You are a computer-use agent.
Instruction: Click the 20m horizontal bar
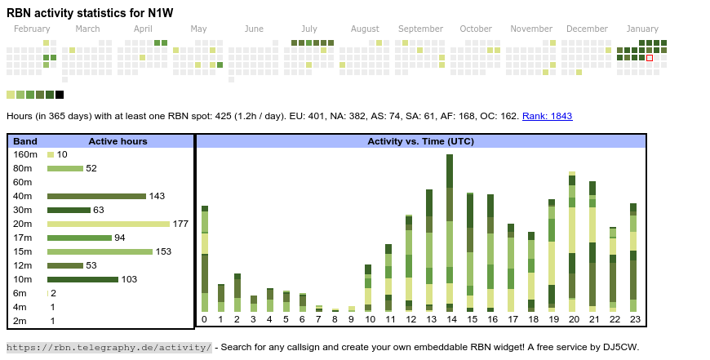coord(109,224)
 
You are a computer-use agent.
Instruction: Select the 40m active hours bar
coord(96,196)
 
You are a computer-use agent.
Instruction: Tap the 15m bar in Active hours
coord(100,251)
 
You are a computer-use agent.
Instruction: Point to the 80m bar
coord(65,168)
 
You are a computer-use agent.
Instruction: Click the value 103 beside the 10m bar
coord(129,279)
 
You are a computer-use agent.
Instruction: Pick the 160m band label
coord(25,154)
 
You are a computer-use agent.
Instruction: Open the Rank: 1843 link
coord(547,116)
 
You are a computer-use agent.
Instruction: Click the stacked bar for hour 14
coord(450,233)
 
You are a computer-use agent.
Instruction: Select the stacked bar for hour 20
coord(572,242)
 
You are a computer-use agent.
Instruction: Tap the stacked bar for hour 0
coord(205,258)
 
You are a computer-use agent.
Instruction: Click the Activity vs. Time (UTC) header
coord(420,141)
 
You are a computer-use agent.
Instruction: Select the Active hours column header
coord(118,141)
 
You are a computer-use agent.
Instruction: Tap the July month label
coord(308,29)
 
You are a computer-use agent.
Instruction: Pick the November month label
coord(531,29)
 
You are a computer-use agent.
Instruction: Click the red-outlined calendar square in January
coord(650,58)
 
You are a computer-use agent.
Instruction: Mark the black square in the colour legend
coord(60,95)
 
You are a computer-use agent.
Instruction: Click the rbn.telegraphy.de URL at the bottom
coord(109,347)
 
